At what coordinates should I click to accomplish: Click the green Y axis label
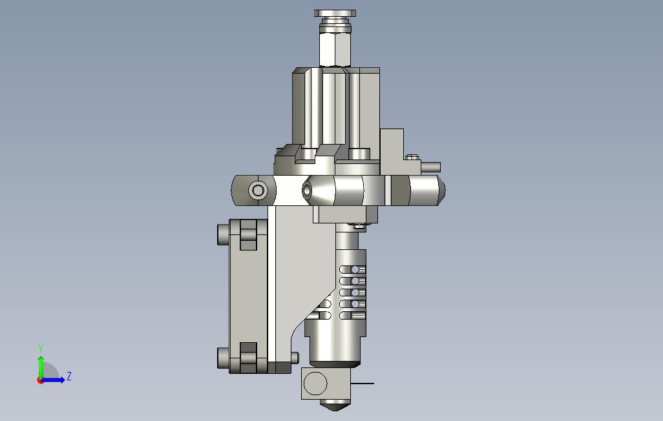point(41,348)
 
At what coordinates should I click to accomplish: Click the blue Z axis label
point(69,376)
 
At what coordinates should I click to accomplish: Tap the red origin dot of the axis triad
point(41,380)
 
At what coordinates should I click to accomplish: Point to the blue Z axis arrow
point(54,380)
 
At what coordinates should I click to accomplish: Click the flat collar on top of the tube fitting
point(335,14)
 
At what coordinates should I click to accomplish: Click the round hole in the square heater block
point(315,384)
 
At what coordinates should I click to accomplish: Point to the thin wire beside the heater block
point(363,384)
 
